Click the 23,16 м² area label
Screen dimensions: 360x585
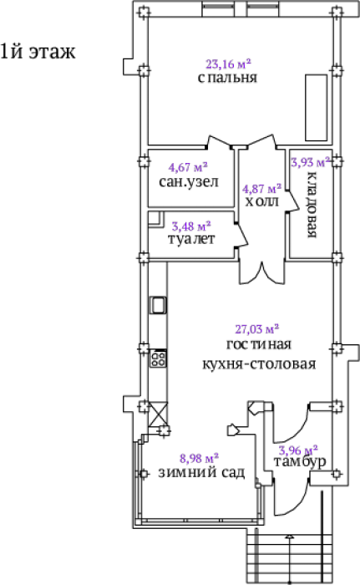[x=228, y=64]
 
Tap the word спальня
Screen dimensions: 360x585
[x=227, y=78]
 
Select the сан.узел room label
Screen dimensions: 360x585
[x=189, y=181]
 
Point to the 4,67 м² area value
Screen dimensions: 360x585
[x=188, y=167]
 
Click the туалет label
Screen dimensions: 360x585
[x=191, y=239]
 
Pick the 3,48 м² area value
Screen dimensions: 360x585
[x=191, y=226]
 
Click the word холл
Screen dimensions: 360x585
[x=262, y=201]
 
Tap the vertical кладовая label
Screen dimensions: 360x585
[x=312, y=205]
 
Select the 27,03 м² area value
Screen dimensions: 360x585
[x=257, y=329]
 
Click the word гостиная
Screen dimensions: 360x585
[x=259, y=344]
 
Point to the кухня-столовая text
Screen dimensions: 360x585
[x=259, y=364]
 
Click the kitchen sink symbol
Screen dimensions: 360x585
[x=158, y=305]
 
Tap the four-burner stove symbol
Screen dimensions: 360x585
[x=158, y=359]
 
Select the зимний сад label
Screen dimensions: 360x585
[x=201, y=472]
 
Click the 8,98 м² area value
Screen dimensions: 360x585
[x=199, y=458]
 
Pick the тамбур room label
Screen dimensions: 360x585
[x=300, y=462]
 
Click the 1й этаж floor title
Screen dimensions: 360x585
[x=38, y=52]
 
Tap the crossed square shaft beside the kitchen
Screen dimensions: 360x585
[x=158, y=415]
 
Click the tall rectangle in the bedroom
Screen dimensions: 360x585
[x=317, y=108]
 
